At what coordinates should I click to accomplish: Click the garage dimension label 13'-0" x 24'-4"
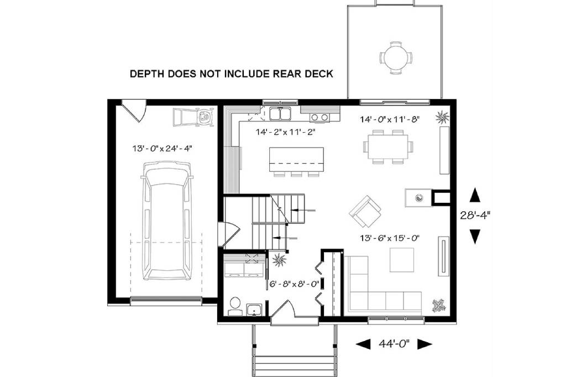pos(161,148)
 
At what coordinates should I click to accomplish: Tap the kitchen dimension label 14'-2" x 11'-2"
pos(286,132)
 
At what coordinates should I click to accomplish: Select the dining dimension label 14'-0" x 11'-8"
pos(389,119)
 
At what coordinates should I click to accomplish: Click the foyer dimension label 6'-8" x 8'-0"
pos(294,284)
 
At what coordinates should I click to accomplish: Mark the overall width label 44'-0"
pos(394,343)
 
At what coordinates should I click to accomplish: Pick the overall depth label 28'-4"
pos(475,215)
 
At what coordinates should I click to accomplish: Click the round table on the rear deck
pos(396,57)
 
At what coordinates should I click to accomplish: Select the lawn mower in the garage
pos(193,117)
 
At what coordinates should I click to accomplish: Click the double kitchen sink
pos(280,113)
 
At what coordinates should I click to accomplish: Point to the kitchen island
pos(296,159)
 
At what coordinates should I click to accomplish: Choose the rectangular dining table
pos(387,147)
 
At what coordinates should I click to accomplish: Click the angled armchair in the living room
pos(365,212)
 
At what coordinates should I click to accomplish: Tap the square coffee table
pos(402,260)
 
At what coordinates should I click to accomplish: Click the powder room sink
pos(255,310)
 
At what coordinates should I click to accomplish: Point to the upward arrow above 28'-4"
pos(475,195)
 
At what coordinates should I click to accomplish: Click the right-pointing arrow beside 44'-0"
pos(425,344)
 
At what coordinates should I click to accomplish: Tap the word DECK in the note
pos(319,74)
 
